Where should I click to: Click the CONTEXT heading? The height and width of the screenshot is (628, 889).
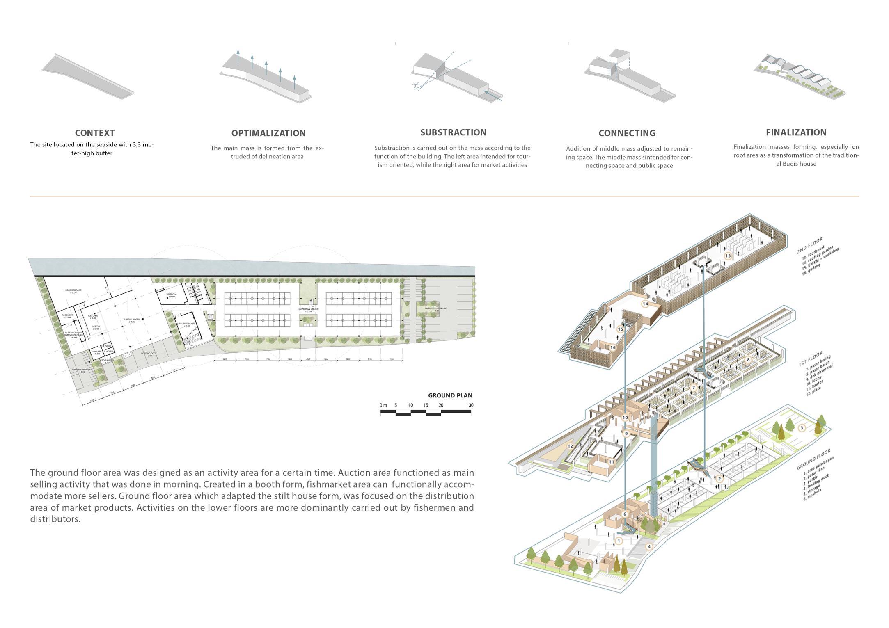[95, 133]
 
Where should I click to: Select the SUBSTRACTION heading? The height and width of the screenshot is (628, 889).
[453, 132]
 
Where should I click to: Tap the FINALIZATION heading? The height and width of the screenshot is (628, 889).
[796, 132]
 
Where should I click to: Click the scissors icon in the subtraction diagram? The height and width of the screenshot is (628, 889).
[416, 85]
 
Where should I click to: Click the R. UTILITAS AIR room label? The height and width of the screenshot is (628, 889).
[186, 324]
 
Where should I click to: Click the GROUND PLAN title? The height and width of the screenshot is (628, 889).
[450, 395]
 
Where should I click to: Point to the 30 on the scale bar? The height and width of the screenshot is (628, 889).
[471, 405]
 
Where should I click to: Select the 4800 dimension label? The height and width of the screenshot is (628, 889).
[308, 359]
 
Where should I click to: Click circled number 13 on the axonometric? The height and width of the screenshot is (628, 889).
[728, 256]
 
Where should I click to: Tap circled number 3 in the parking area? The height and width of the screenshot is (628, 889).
[802, 428]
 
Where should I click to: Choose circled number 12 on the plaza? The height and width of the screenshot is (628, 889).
[570, 446]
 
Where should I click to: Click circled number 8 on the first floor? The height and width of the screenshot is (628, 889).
[748, 359]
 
